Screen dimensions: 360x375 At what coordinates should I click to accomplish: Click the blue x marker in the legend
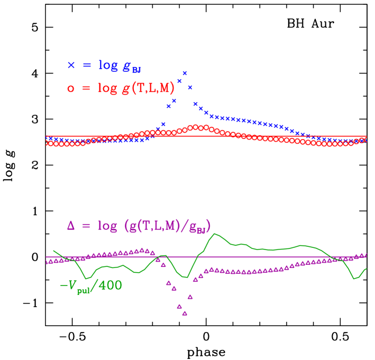(x=71, y=66)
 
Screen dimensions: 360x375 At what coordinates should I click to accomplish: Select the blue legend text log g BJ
(x=119, y=66)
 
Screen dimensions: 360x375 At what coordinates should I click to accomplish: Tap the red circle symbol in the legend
(x=71, y=89)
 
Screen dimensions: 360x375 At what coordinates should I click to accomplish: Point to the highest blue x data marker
(x=185, y=73)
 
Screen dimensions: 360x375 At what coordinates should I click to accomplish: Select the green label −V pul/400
(x=90, y=286)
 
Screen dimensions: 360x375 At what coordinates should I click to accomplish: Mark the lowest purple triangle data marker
(x=185, y=313)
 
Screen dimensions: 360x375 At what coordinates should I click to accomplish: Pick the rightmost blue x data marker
(x=365, y=140)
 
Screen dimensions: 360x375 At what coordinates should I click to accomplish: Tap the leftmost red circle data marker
(x=48, y=143)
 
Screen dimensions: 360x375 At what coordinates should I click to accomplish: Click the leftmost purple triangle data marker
(x=48, y=262)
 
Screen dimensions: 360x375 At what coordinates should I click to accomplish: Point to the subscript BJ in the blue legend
(x=136, y=69)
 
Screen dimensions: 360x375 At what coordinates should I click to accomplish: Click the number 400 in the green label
(x=111, y=285)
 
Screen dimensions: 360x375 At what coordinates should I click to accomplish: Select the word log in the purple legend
(x=107, y=226)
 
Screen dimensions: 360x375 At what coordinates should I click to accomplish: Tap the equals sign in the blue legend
(x=87, y=66)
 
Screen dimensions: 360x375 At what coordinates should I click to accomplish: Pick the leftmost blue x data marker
(x=48, y=138)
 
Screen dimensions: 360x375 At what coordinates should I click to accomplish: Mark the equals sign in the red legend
(x=87, y=89)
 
